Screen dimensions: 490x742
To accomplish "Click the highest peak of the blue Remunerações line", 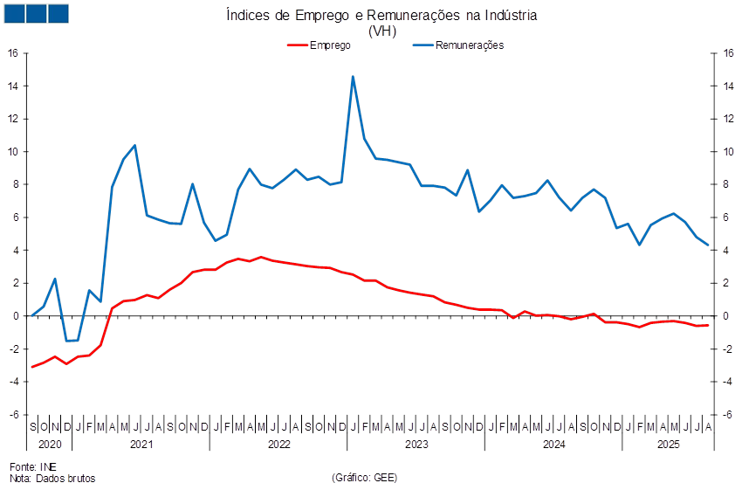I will pyautogui.click(x=353, y=77).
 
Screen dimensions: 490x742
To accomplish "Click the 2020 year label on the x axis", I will pyautogui.click(x=51, y=445).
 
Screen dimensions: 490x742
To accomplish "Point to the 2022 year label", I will pyautogui.click(x=278, y=445).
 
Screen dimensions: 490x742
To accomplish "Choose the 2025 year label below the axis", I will pyautogui.click(x=669, y=445).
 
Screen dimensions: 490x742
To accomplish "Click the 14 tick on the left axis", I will pyautogui.click(x=13, y=86).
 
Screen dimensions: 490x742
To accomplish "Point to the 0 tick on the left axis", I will pyautogui.click(x=15, y=315).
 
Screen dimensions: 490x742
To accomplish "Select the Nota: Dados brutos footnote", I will pyautogui.click(x=52, y=478).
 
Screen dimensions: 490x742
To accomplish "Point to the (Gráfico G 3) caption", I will pyautogui.click(x=364, y=478).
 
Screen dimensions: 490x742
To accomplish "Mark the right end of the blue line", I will pyautogui.click(x=708, y=245).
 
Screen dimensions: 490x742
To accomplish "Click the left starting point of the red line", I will pyautogui.click(x=32, y=367).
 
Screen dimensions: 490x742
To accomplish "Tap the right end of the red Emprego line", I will pyautogui.click(x=708, y=325).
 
